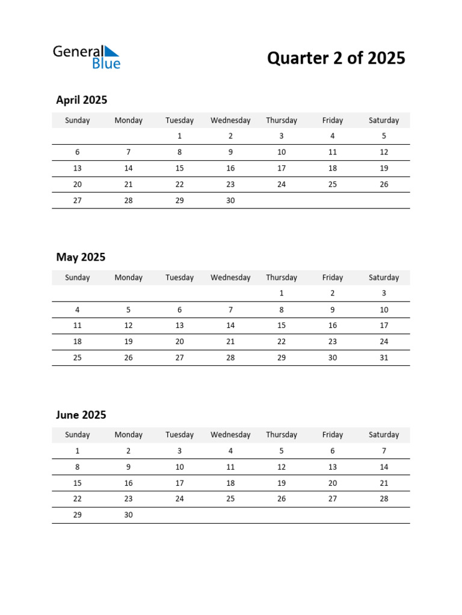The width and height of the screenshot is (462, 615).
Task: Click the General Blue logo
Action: pyautogui.click(x=87, y=57)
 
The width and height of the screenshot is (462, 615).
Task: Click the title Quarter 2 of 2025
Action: pyautogui.click(x=336, y=58)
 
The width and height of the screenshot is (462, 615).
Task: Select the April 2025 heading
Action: pyautogui.click(x=81, y=100)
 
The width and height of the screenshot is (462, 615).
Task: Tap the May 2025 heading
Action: pyautogui.click(x=81, y=258)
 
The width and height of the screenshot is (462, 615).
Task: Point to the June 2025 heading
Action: pyautogui.click(x=81, y=415)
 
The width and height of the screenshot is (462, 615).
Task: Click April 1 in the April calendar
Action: pyautogui.click(x=179, y=136)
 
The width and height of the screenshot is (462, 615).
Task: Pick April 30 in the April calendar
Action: pyautogui.click(x=230, y=201)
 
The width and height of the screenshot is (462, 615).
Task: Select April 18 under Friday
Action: pyautogui.click(x=333, y=168)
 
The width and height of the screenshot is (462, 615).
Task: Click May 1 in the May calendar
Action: pyautogui.click(x=282, y=294)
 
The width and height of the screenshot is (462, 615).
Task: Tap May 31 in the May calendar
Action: pyautogui.click(x=384, y=358)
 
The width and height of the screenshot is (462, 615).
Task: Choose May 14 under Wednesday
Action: pyautogui.click(x=230, y=326)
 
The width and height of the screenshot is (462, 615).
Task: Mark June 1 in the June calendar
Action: pyautogui.click(x=77, y=451)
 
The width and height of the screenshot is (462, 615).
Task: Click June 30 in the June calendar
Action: pyautogui.click(x=128, y=515)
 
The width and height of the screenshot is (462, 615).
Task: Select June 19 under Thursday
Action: pyautogui.click(x=282, y=483)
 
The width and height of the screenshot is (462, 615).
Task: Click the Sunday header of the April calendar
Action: pyautogui.click(x=77, y=120)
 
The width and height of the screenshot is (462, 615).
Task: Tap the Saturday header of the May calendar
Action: pyautogui.click(x=384, y=277)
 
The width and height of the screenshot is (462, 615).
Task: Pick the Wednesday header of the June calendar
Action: pyautogui.click(x=230, y=435)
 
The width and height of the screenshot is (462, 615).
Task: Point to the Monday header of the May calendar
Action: pyautogui.click(x=128, y=277)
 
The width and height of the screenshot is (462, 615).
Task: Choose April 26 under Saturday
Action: pyautogui.click(x=384, y=184)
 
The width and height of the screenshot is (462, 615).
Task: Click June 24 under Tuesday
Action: pyautogui.click(x=179, y=498)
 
